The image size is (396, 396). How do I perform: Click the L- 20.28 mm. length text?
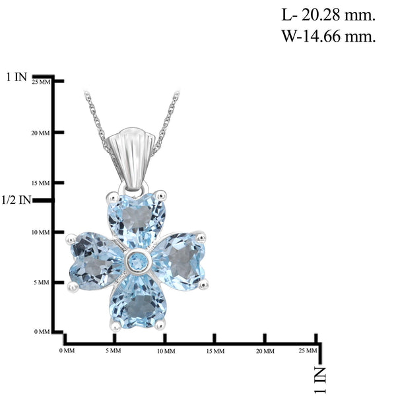(x=328, y=15)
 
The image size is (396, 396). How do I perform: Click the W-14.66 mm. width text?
(x=328, y=36)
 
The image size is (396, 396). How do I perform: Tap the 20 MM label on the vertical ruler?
(x=41, y=133)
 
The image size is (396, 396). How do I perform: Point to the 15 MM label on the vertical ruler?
(x=41, y=183)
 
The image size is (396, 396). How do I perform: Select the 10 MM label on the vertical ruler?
(x=41, y=232)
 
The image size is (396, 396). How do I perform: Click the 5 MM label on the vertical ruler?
(x=42, y=282)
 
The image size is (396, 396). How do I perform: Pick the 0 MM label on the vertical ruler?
(x=42, y=331)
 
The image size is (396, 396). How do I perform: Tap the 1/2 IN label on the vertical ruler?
(x=16, y=200)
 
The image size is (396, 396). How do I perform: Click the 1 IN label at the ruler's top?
(x=16, y=77)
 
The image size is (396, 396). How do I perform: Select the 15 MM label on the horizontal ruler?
(x=215, y=351)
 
